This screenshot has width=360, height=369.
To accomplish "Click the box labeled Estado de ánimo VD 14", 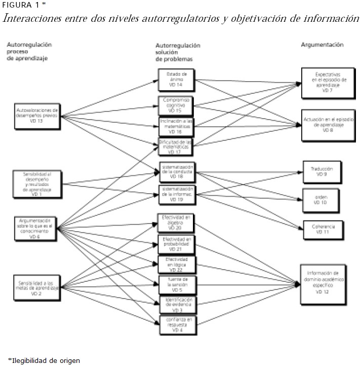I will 176,79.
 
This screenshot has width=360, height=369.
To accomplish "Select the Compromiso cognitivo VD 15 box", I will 176,105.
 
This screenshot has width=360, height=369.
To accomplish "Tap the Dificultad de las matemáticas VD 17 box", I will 176,147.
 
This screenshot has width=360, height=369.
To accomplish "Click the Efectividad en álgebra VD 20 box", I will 176,222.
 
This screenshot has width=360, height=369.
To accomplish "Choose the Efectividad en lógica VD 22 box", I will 176,264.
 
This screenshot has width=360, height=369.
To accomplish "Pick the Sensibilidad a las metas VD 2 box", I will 37,287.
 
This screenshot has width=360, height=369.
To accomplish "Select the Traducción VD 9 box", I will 322,171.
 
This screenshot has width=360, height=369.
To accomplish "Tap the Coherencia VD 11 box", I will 323,229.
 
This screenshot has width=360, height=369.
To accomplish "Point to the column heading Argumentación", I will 322,45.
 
